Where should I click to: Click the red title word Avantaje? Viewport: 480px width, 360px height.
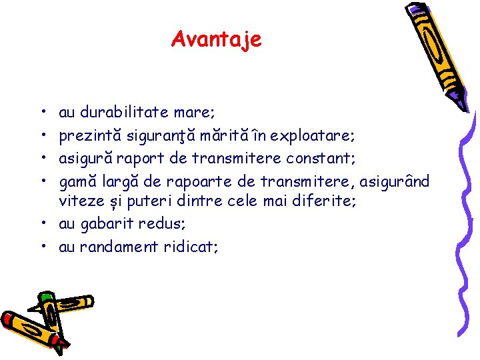click(217, 39)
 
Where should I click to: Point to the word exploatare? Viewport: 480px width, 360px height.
click(316, 137)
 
